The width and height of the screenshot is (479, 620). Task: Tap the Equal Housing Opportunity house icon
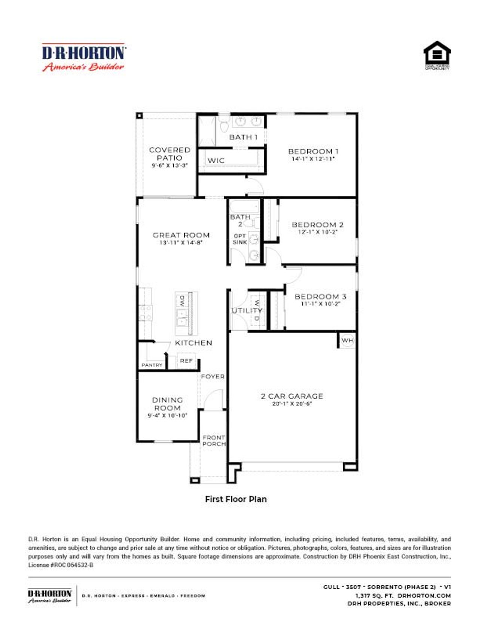437,55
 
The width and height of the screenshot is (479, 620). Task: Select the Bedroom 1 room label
313,151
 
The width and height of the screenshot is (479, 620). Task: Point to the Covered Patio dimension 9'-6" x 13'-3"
170,165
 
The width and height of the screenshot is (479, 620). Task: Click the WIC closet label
216,161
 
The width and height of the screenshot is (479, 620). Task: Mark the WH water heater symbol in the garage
347,340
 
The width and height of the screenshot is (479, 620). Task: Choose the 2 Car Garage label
292,396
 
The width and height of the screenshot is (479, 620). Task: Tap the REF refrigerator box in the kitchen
186,361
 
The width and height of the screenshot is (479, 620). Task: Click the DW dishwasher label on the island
182,300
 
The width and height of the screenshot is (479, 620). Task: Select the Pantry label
152,365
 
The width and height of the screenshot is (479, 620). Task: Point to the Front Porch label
214,441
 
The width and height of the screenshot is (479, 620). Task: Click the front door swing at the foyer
214,399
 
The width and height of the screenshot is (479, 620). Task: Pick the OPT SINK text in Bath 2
239,239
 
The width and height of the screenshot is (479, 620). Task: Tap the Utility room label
247,311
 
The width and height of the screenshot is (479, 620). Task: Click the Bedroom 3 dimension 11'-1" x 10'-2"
320,304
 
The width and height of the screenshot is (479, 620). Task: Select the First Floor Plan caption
236,499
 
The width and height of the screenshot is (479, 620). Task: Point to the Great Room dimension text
181,243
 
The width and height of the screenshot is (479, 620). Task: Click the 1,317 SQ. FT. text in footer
374,595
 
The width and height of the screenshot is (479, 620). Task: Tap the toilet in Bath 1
224,125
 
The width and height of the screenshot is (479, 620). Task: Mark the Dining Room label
167,404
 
